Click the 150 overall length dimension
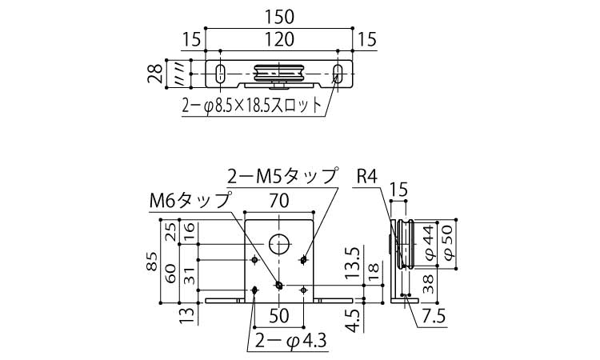click(279, 18)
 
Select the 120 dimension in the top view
click(279, 40)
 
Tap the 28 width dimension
click(156, 74)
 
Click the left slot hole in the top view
click(220, 73)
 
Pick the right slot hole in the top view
click(338, 73)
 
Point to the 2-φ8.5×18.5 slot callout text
click(252, 106)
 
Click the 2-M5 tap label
click(283, 176)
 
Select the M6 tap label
click(190, 200)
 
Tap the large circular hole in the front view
click(279, 244)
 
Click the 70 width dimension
click(279, 202)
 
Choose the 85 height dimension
click(152, 262)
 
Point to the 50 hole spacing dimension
click(279, 316)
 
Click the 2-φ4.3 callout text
click(291, 341)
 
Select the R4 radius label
click(366, 176)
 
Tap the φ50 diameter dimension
click(448, 243)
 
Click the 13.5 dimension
click(354, 262)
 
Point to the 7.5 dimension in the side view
click(434, 316)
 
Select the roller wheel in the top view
click(279, 73)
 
